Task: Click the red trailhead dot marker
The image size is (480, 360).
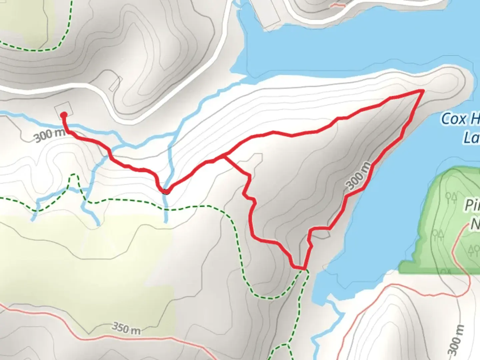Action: tap(64, 115)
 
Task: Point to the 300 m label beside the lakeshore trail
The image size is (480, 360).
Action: tap(358, 176)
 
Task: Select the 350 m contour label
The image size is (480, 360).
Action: tap(126, 328)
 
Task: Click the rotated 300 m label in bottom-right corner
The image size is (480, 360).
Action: tap(456, 340)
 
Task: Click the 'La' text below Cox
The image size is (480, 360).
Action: tap(471, 137)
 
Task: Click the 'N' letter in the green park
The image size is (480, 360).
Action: tap(475, 224)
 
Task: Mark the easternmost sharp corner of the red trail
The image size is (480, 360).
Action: tap(423, 90)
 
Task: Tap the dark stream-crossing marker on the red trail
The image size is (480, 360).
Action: tap(165, 191)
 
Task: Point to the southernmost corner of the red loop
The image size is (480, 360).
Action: tap(304, 268)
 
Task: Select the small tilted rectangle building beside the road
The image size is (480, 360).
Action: tap(114, 84)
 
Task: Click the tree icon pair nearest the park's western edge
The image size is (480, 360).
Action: tap(438, 235)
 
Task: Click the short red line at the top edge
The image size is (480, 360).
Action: tap(337, 5)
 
